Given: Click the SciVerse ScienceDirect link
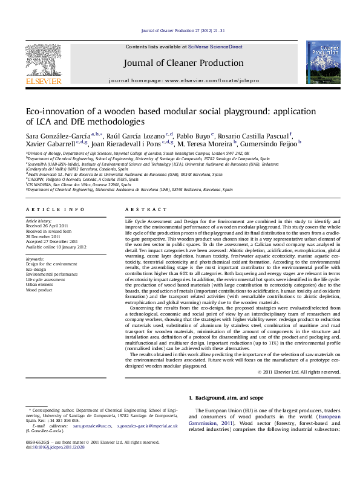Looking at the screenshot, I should point(215,47).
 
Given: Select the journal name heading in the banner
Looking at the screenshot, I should point(183,63).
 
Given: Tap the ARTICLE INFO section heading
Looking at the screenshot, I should point(55,209).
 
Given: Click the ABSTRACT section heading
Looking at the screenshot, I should point(140,209).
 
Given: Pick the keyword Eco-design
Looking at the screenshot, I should point(36,269).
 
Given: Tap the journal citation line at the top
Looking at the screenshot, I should point(182,30).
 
